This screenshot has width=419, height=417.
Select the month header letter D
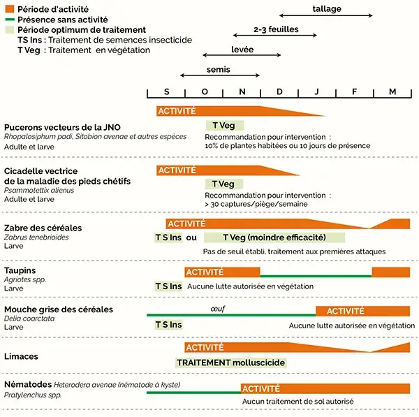click(279, 92)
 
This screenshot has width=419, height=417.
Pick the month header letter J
click(317, 92)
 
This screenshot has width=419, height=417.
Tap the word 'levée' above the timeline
click(242, 50)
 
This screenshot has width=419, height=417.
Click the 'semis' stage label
click(218, 69)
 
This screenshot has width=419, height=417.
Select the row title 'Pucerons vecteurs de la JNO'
click(63, 126)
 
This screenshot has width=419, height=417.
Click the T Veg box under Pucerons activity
click(223, 125)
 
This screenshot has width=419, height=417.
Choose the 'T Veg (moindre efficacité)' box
click(274, 237)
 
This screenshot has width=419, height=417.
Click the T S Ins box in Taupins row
click(168, 286)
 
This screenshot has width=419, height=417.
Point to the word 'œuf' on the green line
click(219, 308)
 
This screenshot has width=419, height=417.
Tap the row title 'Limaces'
click(21, 356)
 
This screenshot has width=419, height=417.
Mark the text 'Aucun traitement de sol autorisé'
click(298, 402)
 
